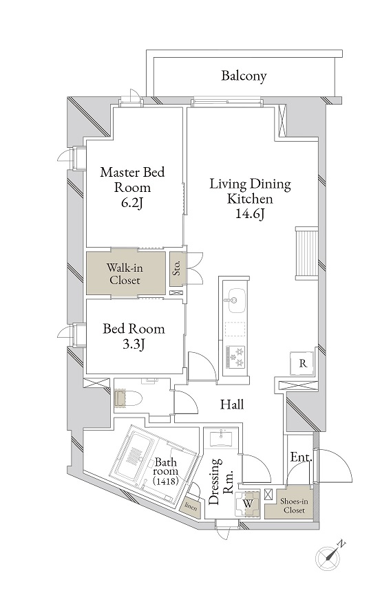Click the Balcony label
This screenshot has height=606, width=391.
(244, 76)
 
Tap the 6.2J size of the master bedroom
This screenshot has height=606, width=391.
(132, 203)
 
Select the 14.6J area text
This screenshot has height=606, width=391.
(250, 214)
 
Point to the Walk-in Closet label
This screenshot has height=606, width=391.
(125, 273)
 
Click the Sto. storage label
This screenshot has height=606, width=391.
(177, 268)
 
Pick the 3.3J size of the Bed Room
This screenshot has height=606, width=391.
(134, 344)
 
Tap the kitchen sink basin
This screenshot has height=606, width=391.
(236, 301)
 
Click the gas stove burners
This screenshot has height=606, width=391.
(235, 357)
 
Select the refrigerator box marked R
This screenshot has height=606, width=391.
(303, 363)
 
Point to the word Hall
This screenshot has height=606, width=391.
(232, 404)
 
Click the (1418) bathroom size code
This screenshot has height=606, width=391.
(165, 481)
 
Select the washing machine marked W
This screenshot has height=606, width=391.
(248, 504)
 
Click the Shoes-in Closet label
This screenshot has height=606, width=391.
(294, 506)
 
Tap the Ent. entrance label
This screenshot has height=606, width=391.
(301, 457)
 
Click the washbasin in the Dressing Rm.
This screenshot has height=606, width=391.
(221, 438)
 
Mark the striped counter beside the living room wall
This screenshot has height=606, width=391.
(306, 253)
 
